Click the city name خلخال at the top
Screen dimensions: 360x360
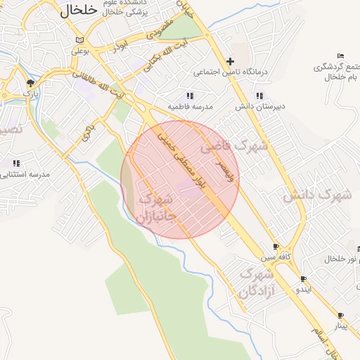point(78,10)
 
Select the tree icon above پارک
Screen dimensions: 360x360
point(30,82)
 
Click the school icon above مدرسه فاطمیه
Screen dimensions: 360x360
point(189,96)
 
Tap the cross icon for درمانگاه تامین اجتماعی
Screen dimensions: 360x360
point(230,61)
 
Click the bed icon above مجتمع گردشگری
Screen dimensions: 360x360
point(340,56)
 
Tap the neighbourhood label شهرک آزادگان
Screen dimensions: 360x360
point(256,281)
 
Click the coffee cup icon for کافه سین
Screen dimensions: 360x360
point(276,247)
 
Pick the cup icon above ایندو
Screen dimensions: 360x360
point(303,278)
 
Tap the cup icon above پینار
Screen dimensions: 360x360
point(341,316)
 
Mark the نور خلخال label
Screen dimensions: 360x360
point(341,259)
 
